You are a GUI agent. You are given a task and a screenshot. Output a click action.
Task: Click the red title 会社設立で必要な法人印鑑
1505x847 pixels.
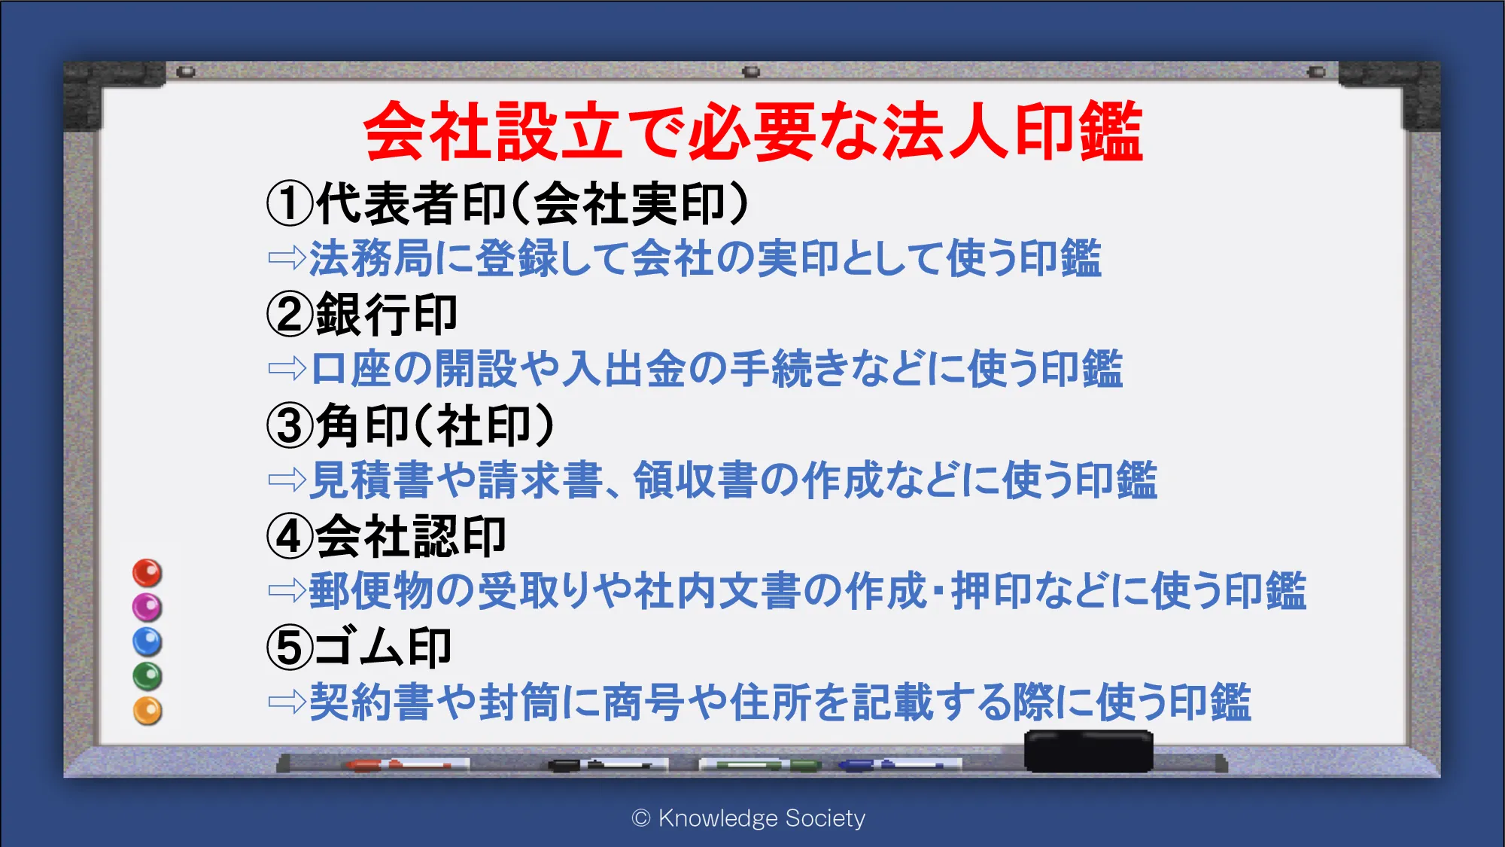(753, 132)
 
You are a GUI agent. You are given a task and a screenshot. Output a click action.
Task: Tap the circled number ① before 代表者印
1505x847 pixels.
(290, 203)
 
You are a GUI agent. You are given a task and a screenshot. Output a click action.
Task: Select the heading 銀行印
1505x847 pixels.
(386, 314)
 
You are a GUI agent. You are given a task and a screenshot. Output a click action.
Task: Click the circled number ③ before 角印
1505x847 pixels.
(290, 425)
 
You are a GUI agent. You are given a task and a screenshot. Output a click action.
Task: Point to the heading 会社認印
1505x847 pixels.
(410, 537)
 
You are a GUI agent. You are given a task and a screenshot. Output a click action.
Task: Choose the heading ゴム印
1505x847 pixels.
(383, 647)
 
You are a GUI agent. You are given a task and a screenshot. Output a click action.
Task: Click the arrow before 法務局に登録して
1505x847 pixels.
(287, 257)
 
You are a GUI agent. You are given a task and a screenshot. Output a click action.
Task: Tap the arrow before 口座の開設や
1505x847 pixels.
(287, 368)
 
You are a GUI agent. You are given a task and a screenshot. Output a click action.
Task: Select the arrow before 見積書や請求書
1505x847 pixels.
(287, 479)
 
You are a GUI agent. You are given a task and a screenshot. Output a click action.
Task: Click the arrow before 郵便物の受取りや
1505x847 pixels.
(287, 590)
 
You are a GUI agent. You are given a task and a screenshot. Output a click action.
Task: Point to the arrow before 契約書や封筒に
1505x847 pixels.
(287, 702)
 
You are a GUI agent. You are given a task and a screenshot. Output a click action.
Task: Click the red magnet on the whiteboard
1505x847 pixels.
(147, 573)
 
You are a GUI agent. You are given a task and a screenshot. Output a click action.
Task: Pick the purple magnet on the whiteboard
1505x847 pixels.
(147, 607)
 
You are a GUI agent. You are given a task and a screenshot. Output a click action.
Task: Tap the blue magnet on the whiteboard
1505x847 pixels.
(147, 641)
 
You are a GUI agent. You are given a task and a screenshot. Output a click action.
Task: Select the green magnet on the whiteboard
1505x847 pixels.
(147, 676)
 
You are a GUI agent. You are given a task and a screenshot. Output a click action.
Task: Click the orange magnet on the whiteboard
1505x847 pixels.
(147, 711)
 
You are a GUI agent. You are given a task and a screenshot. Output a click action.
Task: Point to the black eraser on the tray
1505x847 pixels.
(1088, 751)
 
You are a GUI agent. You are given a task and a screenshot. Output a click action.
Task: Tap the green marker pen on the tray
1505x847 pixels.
(760, 765)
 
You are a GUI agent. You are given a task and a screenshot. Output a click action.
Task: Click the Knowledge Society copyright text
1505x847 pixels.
(749, 818)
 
